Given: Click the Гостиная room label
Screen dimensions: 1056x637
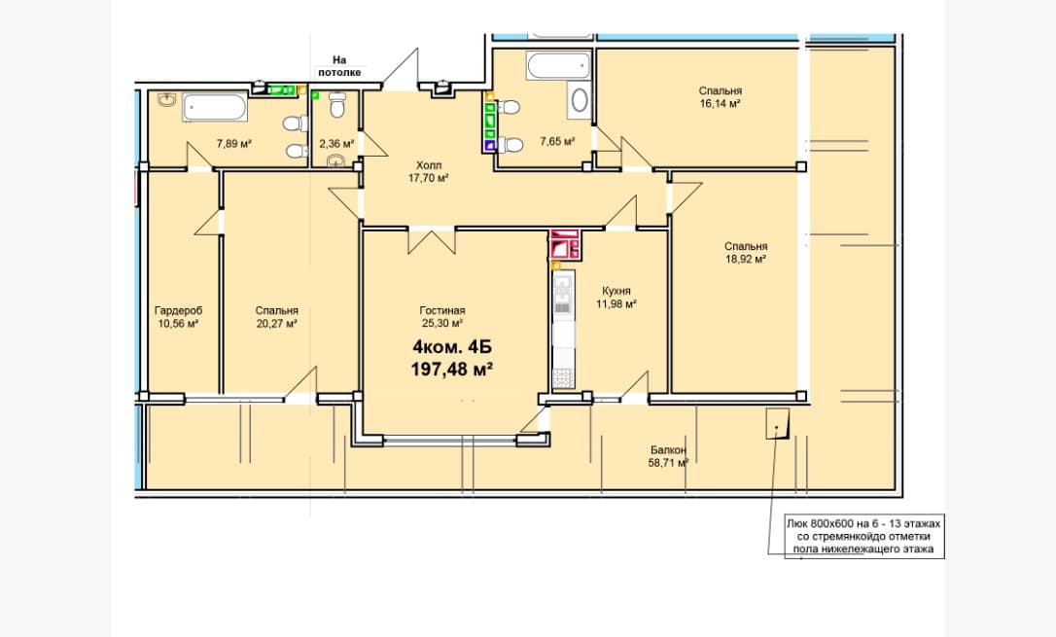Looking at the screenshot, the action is point(441,310).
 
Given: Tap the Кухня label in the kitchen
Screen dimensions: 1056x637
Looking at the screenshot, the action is point(616,291).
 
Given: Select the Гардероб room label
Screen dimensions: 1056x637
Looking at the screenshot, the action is point(179,310).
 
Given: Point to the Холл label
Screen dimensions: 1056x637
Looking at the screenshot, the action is point(429,165).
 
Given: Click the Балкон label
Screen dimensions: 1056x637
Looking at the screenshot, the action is point(669,450).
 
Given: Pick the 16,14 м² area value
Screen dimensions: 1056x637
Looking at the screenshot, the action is point(720,104).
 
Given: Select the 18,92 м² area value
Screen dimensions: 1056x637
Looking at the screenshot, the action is point(746,260).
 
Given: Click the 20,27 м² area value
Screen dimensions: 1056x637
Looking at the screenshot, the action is point(276,324).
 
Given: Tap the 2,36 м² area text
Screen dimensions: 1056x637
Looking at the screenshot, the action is point(336,143).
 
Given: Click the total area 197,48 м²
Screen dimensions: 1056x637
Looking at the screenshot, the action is point(452,369).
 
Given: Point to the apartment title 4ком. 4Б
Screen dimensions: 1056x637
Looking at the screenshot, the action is point(452,347).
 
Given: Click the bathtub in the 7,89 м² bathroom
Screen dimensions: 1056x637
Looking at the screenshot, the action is point(214,108).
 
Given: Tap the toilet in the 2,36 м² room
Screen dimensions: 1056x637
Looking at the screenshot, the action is point(337,104).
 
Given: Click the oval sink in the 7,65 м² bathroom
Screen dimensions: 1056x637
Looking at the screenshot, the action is point(580,100).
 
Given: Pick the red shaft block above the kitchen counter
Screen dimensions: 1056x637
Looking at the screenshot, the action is point(564,244).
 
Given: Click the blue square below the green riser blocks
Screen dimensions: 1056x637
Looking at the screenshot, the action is point(490,144).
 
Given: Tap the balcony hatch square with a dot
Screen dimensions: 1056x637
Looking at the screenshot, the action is point(777,424).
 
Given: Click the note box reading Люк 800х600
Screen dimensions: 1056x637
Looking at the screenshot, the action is point(864,537).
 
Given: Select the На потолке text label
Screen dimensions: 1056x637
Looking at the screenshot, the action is point(339,66).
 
